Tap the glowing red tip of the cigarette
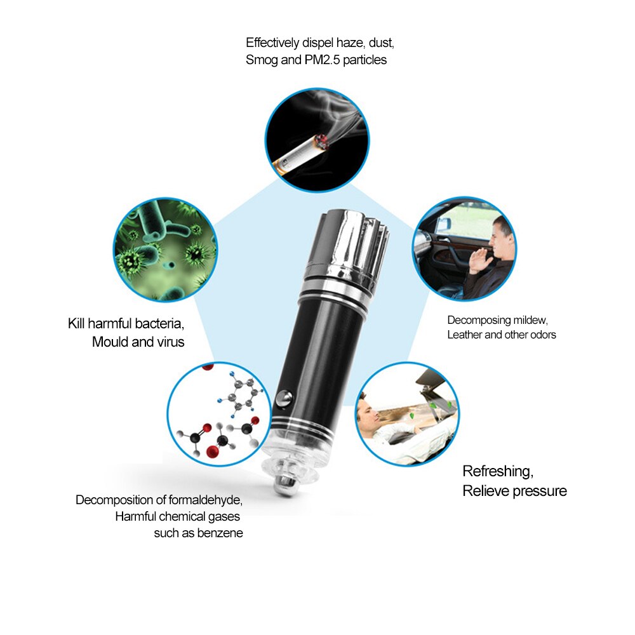pyautogui.click(x=323, y=142)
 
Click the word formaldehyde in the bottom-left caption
pyautogui.click(x=205, y=500)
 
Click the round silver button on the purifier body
pyautogui.click(x=284, y=398)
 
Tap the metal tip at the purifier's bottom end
pyautogui.click(x=284, y=483)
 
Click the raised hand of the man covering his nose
pyautogui.click(x=478, y=259)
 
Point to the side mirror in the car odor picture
pyautogui.click(x=443, y=224)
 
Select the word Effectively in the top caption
pyautogui.click(x=272, y=43)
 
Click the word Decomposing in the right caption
pyautogui.click(x=479, y=320)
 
